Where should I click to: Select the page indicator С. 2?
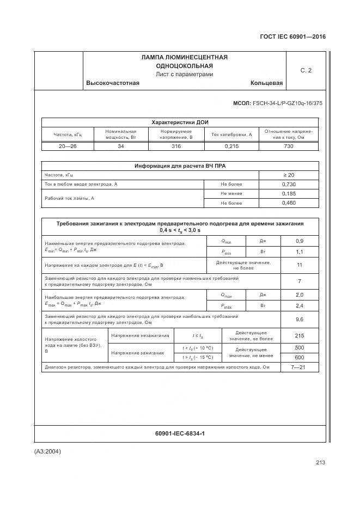click(306, 70)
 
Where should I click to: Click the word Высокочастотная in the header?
click(113, 83)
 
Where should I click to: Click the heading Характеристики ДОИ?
click(180, 122)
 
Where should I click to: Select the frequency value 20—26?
click(68, 146)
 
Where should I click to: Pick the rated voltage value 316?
click(176, 146)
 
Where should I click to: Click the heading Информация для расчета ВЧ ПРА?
click(180, 166)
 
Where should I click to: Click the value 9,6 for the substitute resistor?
click(299, 320)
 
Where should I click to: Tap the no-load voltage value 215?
click(299, 336)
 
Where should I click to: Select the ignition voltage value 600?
click(299, 357)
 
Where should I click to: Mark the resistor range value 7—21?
click(299, 367)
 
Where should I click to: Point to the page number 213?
click(320, 463)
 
